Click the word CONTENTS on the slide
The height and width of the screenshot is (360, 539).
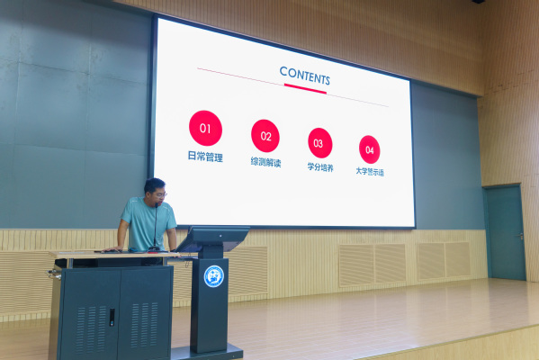(x=304, y=76)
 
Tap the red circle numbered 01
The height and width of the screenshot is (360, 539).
(x=205, y=129)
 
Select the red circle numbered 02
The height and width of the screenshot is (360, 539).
(x=265, y=136)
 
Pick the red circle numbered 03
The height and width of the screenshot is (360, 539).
(x=320, y=143)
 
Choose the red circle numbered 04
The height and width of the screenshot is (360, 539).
(x=370, y=149)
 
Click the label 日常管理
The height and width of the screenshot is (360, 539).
(x=205, y=157)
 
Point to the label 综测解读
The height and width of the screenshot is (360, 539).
(x=265, y=162)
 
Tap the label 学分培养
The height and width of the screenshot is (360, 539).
(x=320, y=167)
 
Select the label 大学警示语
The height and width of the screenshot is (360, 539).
(x=370, y=172)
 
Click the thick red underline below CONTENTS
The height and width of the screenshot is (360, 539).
(x=305, y=89)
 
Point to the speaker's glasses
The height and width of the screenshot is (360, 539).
(x=160, y=195)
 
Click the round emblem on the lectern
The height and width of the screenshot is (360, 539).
(x=213, y=276)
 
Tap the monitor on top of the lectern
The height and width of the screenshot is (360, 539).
(x=213, y=238)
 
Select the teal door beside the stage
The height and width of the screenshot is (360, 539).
(x=505, y=232)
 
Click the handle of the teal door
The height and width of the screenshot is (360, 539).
(x=520, y=236)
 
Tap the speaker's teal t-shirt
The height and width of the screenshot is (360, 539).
(x=148, y=223)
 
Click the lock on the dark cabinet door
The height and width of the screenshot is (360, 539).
(x=112, y=317)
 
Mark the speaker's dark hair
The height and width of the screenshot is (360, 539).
(x=154, y=185)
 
